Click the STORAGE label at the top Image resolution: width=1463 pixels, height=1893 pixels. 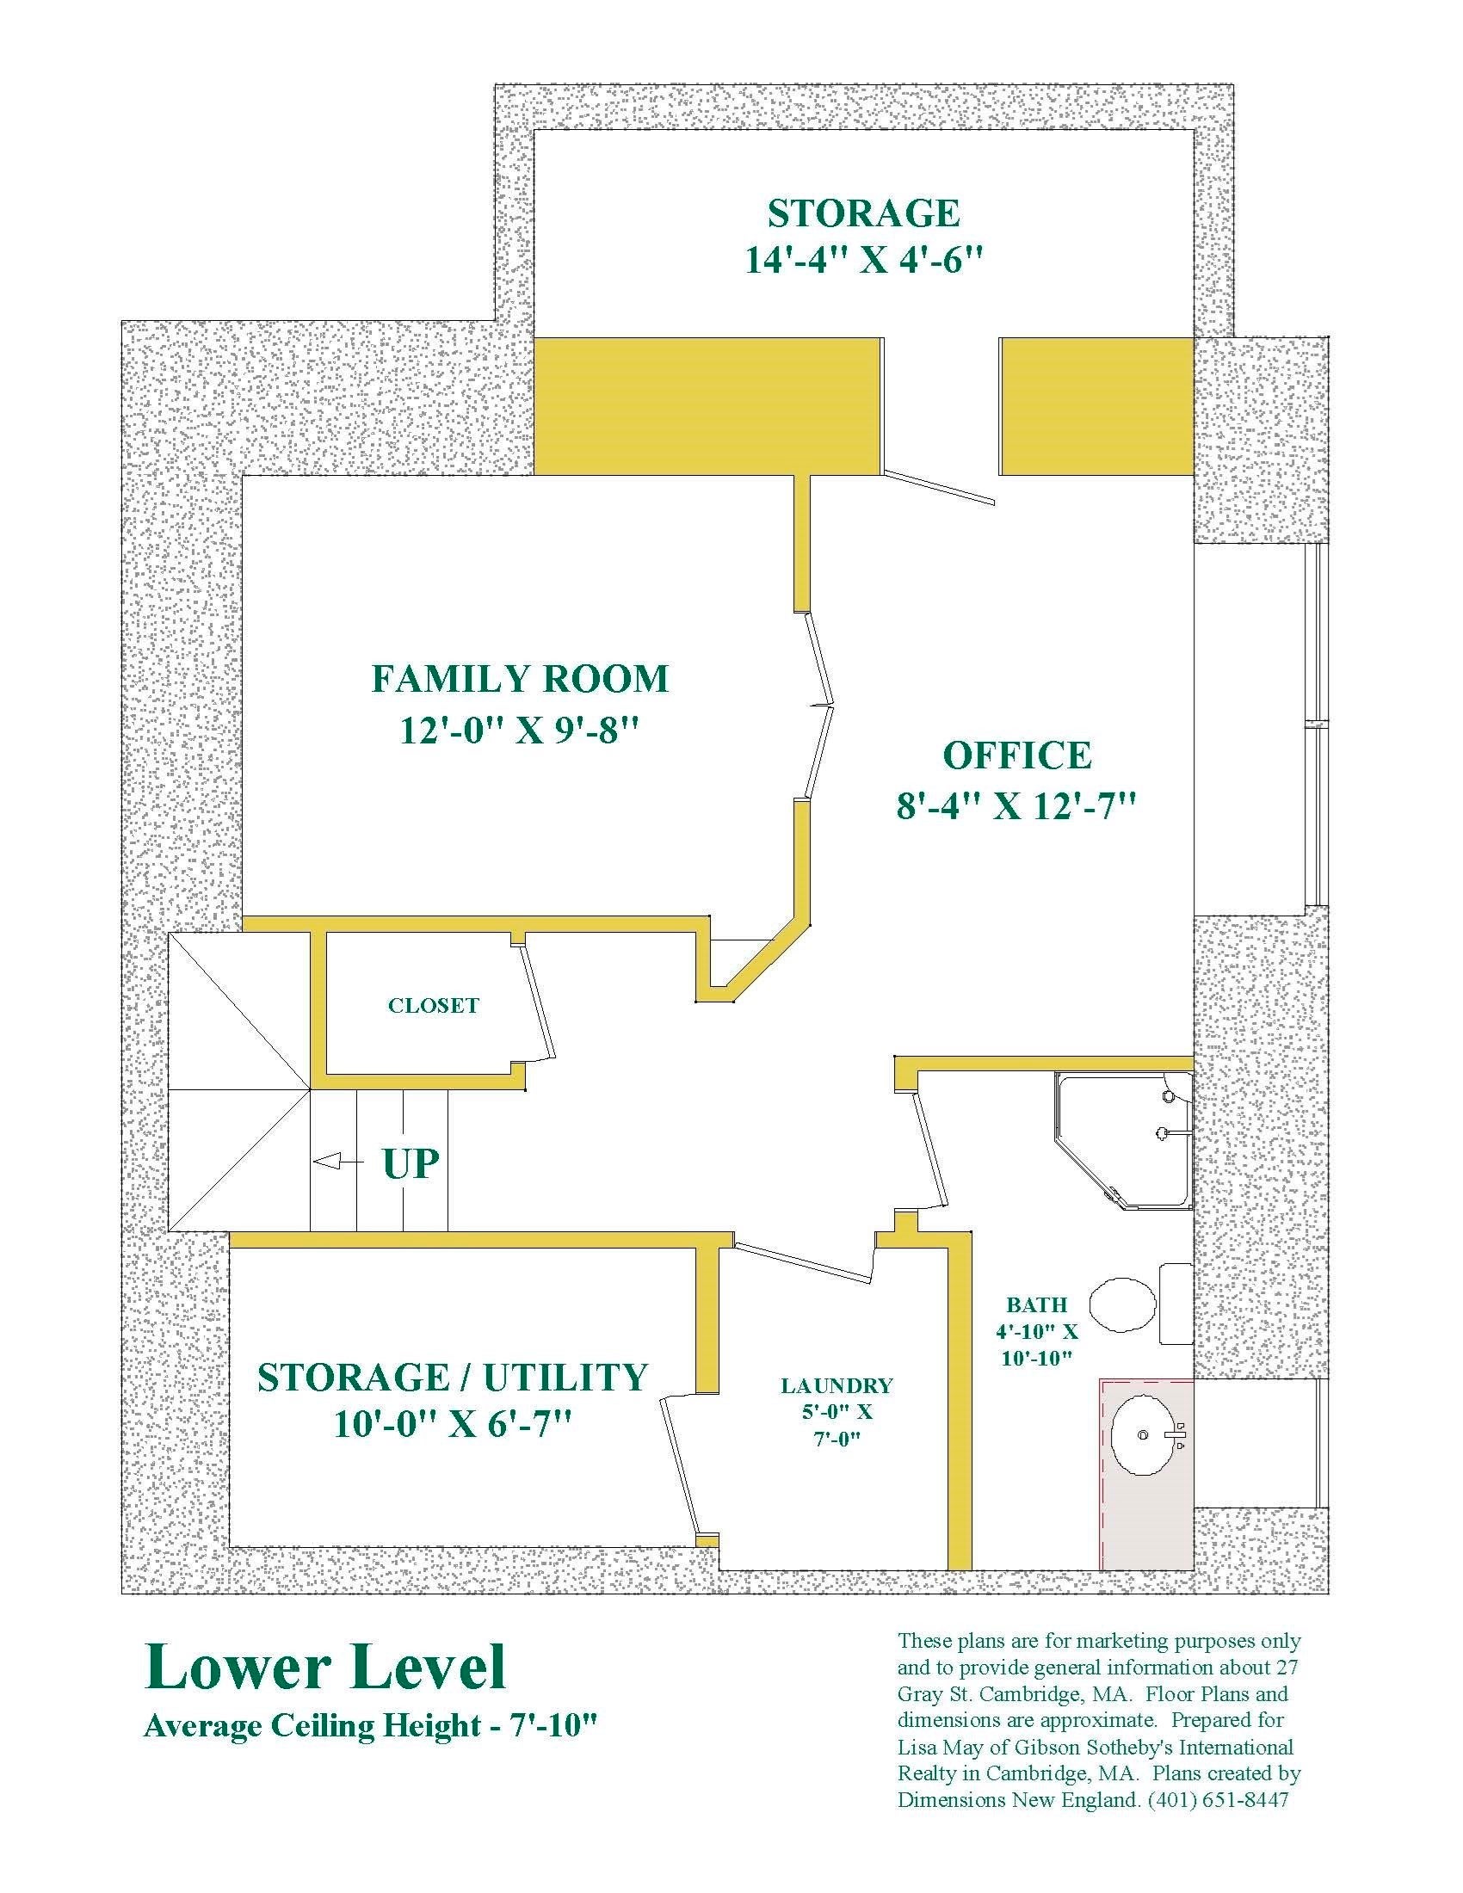click(864, 213)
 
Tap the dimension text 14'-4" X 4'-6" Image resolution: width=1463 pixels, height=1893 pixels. click(864, 260)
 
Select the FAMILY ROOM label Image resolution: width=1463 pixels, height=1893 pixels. click(520, 679)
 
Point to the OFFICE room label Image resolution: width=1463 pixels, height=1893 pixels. click(1016, 755)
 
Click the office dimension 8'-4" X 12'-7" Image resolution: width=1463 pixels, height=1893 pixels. click(1015, 807)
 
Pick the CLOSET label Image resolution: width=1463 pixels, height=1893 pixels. click(434, 1005)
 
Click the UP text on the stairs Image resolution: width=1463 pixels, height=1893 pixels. click(411, 1163)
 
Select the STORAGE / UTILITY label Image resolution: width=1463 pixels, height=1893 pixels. click(453, 1378)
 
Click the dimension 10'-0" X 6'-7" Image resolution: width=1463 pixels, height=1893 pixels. click(453, 1424)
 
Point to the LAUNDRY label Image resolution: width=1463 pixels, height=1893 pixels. click(836, 1386)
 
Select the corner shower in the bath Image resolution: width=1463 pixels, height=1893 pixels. click(1122, 1140)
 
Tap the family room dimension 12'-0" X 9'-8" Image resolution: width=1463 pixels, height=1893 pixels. click(519, 730)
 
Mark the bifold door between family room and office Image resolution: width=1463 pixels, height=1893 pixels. click(818, 706)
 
